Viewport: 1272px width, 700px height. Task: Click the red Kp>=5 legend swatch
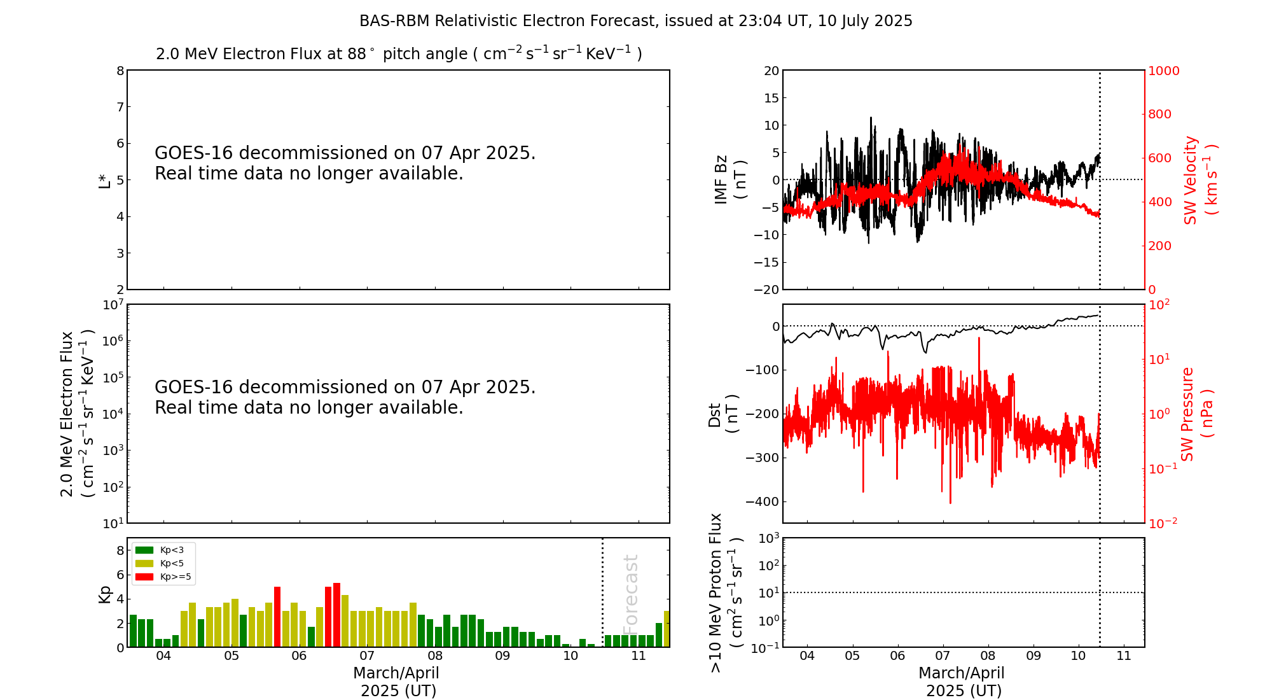point(144,577)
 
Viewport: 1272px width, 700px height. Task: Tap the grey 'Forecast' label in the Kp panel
point(630,592)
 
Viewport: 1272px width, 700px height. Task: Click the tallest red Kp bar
point(336,615)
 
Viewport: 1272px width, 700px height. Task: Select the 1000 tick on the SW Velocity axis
point(1163,71)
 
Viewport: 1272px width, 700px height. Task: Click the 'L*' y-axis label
point(104,180)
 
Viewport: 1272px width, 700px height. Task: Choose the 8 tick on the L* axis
point(120,71)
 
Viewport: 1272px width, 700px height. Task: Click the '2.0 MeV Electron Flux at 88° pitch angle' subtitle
point(399,54)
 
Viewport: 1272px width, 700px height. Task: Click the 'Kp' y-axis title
point(104,594)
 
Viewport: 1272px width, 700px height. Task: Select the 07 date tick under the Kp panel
point(367,656)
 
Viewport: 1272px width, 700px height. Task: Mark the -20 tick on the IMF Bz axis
point(766,290)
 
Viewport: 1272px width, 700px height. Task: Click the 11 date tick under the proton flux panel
point(1124,656)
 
